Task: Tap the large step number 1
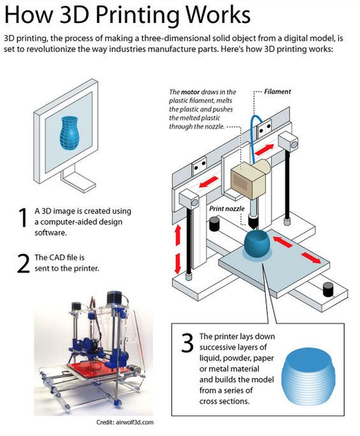click(x=22, y=219)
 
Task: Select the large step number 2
click(x=23, y=264)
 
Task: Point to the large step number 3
click(x=188, y=343)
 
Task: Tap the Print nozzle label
click(x=226, y=208)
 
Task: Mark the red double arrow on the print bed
click(x=295, y=250)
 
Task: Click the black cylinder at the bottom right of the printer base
click(x=327, y=289)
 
